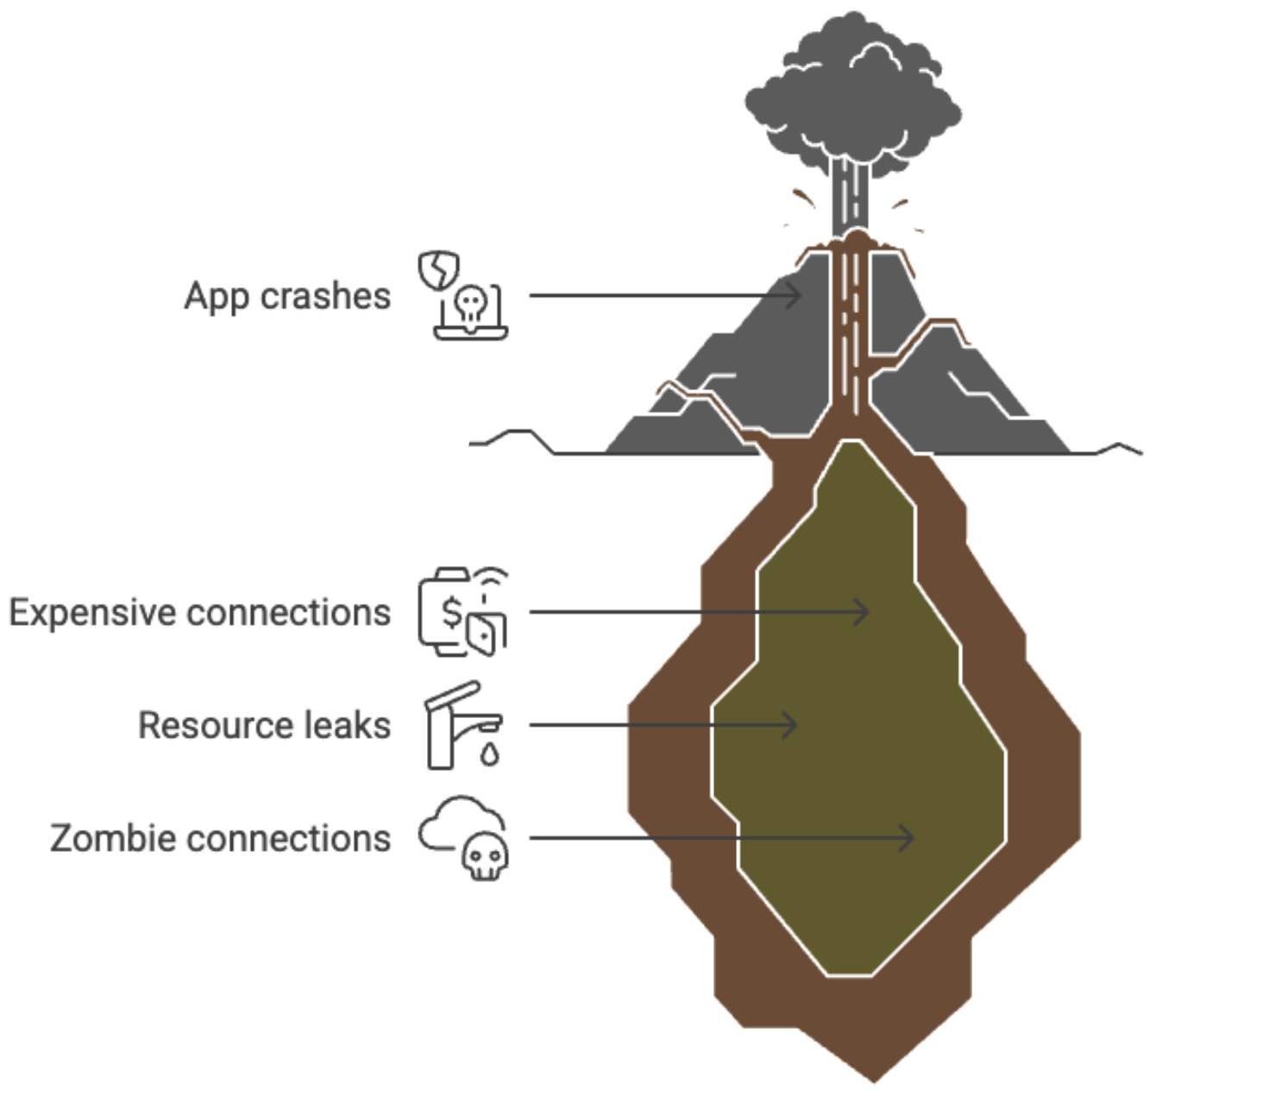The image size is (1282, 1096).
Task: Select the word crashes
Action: click(325, 297)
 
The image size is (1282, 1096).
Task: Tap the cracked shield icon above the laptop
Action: click(438, 270)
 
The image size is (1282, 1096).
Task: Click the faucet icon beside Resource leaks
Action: click(457, 723)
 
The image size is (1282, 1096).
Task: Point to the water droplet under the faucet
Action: click(490, 755)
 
